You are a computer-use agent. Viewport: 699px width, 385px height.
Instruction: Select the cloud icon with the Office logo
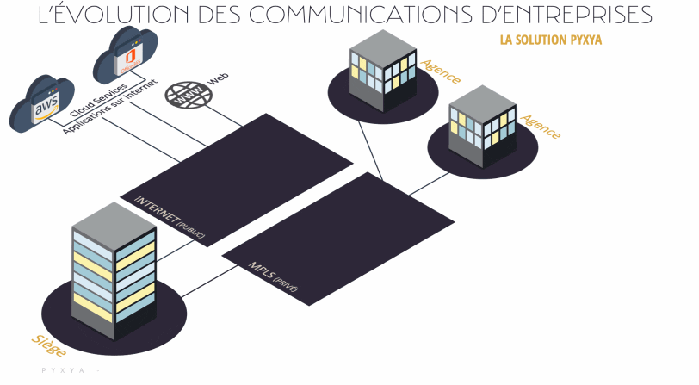click(127, 57)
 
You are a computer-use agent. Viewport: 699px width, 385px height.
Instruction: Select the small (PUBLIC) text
click(192, 229)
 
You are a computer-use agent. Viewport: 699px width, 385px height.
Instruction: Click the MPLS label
click(261, 271)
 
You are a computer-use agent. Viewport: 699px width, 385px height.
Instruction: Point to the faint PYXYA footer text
click(65, 371)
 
